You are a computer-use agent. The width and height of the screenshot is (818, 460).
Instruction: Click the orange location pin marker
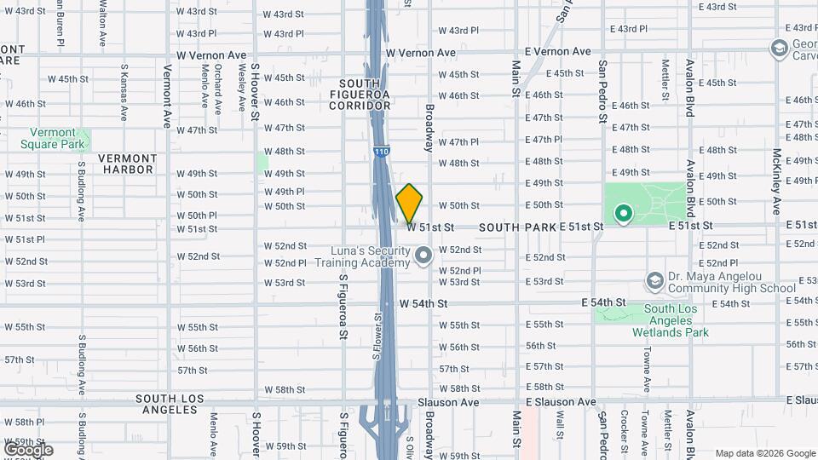(x=409, y=204)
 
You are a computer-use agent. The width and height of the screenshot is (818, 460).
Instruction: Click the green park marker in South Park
(x=624, y=214)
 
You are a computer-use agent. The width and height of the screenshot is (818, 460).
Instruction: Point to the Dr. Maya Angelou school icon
(x=654, y=280)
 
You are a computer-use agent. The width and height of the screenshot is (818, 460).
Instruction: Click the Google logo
(x=28, y=449)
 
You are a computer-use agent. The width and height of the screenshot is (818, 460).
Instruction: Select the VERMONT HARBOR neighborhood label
(x=126, y=164)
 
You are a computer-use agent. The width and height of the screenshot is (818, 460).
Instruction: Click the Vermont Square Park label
(x=53, y=138)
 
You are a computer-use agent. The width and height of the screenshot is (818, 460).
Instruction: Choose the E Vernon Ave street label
(x=557, y=52)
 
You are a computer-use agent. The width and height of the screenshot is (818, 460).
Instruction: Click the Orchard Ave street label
(x=218, y=85)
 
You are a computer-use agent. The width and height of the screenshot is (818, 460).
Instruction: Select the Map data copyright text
(x=764, y=453)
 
